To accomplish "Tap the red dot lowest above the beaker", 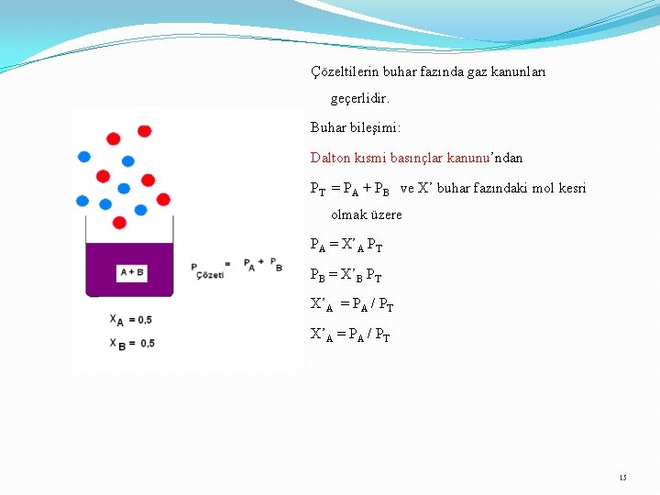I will (119, 223).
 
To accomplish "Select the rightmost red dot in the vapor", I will (163, 199).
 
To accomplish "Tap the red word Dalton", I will (330, 158).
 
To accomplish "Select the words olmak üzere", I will (366, 214).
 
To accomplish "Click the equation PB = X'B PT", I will (346, 275).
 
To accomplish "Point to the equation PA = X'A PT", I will (346, 246).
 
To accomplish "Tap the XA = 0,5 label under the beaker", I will (131, 320).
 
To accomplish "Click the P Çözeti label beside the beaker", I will (207, 271).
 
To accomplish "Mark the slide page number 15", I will (623, 478).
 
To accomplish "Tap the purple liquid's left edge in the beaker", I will (88, 269).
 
